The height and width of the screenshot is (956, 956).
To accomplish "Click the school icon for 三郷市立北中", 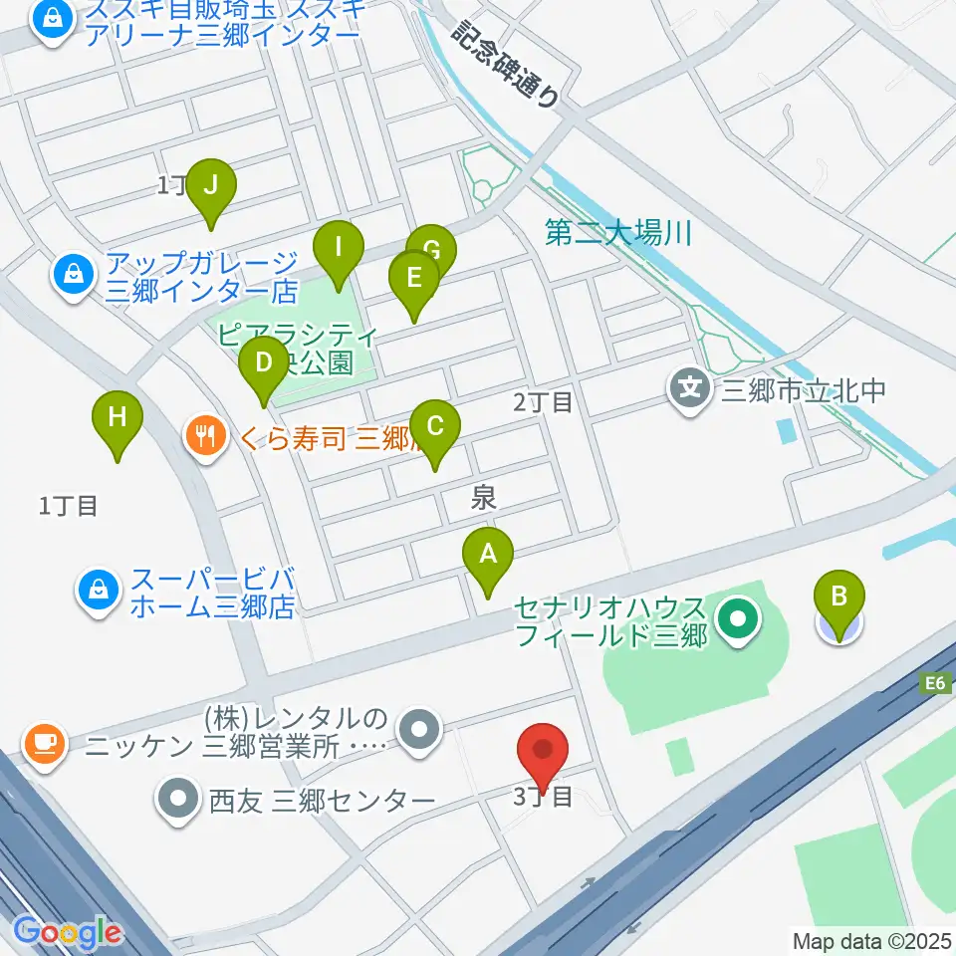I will click(x=689, y=387).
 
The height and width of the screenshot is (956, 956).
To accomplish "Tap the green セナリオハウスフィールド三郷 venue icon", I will click(x=738, y=620).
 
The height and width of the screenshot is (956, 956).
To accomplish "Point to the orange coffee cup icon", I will click(x=43, y=743).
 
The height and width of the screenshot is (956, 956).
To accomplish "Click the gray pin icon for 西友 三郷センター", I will click(x=178, y=799).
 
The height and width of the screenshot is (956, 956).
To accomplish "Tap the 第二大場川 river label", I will click(x=617, y=235).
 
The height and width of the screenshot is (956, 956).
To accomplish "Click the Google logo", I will click(x=68, y=931).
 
